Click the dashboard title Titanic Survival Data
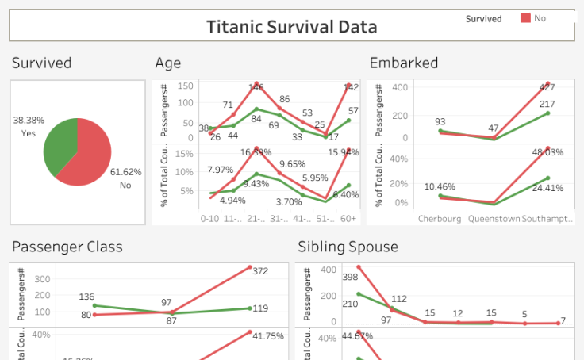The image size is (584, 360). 291,27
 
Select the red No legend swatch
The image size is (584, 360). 525,17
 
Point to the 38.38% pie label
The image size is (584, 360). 29,121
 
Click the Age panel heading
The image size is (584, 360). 168,63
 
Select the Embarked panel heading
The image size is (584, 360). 403,63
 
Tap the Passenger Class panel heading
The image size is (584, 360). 67,247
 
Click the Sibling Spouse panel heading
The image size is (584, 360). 348,247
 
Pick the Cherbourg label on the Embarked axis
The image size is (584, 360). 440,218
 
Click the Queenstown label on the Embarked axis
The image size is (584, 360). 494,218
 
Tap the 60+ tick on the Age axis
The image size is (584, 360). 348,218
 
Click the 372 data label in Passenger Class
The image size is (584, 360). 260,272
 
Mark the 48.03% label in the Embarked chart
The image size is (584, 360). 547,152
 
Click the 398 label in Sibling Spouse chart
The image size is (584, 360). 350,278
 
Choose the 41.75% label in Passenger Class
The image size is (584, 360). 267,336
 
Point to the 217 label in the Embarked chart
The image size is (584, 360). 547,104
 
